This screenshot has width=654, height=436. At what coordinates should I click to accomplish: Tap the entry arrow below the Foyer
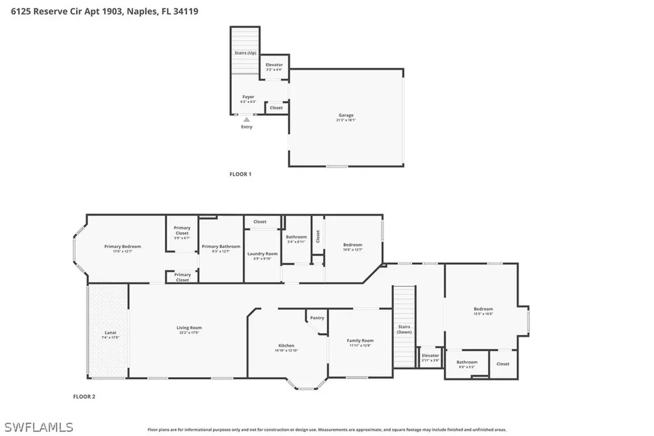[247, 119]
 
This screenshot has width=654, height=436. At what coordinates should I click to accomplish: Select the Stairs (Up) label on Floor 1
[245, 52]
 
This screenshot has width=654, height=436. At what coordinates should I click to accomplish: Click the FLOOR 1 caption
[240, 174]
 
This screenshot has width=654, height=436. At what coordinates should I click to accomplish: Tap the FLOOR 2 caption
[84, 396]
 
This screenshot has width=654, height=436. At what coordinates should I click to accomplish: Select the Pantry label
[317, 318]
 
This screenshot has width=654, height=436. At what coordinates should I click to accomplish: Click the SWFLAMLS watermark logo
[38, 427]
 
